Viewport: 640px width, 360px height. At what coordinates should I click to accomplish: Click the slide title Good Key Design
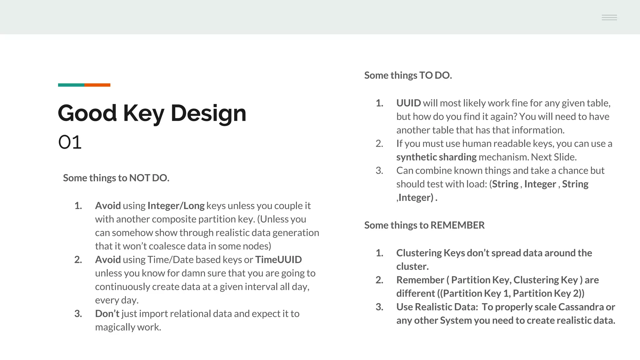[x=152, y=113]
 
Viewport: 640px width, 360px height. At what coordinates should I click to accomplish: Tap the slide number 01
[x=70, y=142]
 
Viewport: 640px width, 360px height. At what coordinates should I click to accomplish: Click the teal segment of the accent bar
[x=71, y=85]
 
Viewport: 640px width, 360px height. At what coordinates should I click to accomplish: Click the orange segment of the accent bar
[x=97, y=85]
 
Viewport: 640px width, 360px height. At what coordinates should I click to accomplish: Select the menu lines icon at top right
[x=609, y=17]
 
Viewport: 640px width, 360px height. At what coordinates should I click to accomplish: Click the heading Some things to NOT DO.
[x=116, y=178]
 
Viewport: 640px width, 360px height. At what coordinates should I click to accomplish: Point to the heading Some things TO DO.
[x=408, y=75]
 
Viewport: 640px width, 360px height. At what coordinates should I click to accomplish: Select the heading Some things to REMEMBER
[x=424, y=225]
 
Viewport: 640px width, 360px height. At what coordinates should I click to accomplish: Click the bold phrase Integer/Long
[x=176, y=206]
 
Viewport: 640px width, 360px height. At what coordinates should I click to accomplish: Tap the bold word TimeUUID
[x=278, y=260]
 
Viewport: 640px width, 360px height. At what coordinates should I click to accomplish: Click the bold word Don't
[x=107, y=313]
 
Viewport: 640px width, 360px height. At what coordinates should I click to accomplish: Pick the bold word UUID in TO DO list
[x=408, y=103]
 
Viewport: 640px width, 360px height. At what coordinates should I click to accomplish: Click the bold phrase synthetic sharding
[x=436, y=157]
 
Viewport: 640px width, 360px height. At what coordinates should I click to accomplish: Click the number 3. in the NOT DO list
[x=78, y=313]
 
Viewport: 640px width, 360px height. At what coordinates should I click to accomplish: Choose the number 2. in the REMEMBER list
[x=379, y=280]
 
